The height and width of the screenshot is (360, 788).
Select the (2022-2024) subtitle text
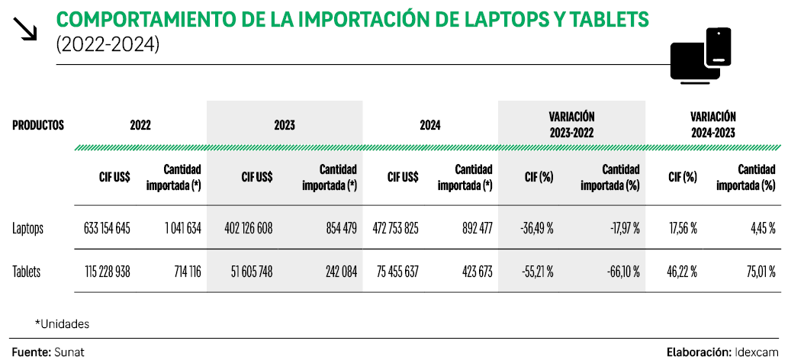point(108,45)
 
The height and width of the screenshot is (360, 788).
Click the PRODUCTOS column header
point(38,125)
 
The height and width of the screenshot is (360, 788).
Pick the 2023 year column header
point(284,125)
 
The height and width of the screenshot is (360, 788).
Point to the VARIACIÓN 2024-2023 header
point(712,124)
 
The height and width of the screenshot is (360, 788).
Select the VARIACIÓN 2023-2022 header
point(571,124)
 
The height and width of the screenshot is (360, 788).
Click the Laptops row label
point(28,228)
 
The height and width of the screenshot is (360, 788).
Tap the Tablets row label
point(27,271)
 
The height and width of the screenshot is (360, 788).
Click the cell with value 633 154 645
point(107,228)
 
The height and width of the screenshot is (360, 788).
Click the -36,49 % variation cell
point(537,228)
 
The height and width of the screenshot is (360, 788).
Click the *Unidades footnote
point(62,324)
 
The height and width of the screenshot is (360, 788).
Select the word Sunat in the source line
point(69,352)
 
